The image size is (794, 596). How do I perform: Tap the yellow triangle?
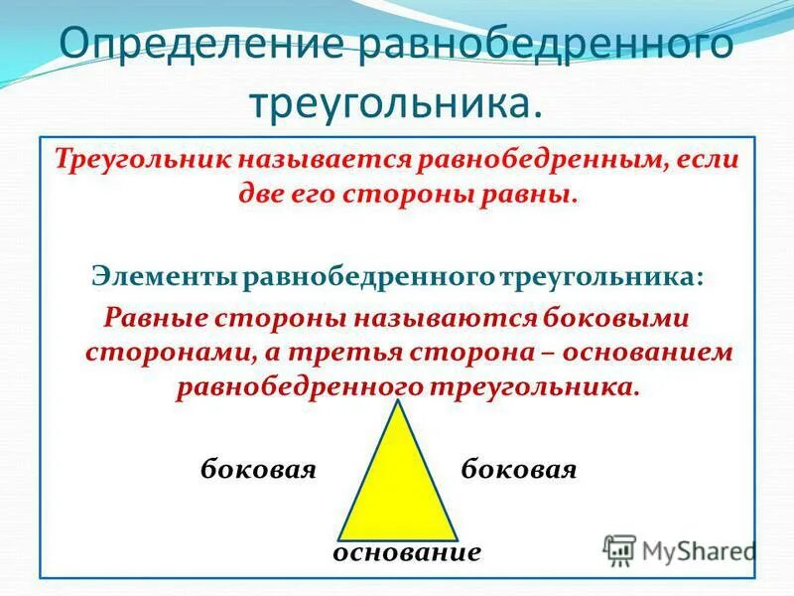(x=398, y=487)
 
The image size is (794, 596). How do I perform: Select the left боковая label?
(x=258, y=468)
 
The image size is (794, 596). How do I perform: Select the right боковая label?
(x=519, y=468)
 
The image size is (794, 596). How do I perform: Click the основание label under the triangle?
(x=407, y=552)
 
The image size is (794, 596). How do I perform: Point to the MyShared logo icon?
(x=619, y=550)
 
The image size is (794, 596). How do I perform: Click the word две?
(x=260, y=193)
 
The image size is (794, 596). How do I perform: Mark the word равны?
(x=538, y=193)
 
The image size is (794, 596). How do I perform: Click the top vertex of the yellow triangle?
(x=398, y=403)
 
